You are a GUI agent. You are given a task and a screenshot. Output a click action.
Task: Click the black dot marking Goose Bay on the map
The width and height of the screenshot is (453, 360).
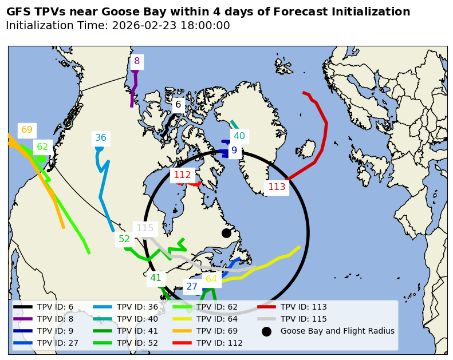226,233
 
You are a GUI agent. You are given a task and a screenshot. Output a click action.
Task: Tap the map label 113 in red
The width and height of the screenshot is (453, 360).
277,187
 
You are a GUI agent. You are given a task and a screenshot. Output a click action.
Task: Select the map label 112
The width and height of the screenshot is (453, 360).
182,175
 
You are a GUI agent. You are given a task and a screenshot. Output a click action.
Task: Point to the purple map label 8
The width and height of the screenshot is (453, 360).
137,61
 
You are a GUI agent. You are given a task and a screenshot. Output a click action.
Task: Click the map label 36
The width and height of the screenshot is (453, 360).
101,138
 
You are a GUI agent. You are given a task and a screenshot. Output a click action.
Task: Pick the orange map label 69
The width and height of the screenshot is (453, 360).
27,130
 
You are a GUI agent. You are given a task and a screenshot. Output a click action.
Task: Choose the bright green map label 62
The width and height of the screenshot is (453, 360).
42,147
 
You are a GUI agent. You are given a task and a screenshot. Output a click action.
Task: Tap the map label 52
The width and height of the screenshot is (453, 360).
124,239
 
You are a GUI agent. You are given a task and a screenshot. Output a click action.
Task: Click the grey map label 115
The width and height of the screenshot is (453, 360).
145,228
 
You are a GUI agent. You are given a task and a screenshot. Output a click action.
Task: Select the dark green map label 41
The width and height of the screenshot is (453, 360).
156,279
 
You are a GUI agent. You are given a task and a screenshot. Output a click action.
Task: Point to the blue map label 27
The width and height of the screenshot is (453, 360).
192,287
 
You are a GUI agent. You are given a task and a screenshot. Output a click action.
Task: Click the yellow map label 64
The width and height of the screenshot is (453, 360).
211,279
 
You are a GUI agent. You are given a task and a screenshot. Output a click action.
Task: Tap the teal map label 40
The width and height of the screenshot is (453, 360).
239,136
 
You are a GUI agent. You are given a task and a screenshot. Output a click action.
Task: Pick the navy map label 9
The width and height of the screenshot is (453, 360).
234,151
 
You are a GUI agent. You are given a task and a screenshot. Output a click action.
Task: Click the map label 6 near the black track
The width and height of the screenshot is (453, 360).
178,105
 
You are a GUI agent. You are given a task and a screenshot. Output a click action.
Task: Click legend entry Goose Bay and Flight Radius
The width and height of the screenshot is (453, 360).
337,331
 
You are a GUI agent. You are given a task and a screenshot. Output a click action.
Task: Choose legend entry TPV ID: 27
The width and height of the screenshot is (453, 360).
57,343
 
